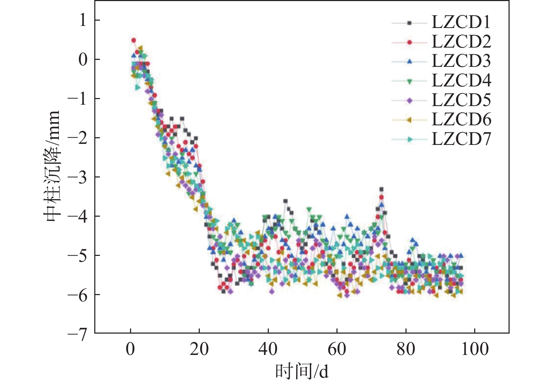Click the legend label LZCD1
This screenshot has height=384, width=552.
[461, 22]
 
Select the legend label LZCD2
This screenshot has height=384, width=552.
[461, 42]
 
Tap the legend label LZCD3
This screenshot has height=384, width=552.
[461, 61]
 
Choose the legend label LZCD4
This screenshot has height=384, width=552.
[461, 81]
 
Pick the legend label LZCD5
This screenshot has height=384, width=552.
[461, 100]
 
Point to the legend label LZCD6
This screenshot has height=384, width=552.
[461, 120]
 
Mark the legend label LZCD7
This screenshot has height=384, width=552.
[461, 139]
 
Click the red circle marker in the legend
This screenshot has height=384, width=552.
[409, 42]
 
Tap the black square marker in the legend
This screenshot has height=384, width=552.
[409, 23]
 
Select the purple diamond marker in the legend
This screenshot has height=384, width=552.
[409, 101]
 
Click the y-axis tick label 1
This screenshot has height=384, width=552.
[83, 20]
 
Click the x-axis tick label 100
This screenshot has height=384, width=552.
[475, 349]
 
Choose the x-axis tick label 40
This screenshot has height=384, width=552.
[268, 349]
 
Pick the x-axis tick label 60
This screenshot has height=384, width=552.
[337, 349]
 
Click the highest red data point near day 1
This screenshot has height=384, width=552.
[134, 40]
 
